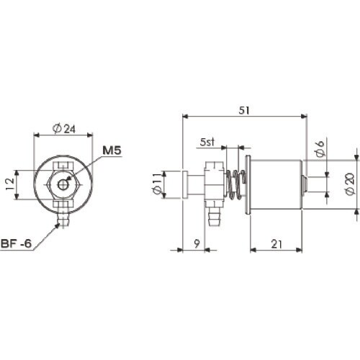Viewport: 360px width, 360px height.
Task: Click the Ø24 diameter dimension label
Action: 64,128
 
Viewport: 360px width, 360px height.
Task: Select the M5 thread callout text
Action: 112,150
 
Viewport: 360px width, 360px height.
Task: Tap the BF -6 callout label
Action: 16,243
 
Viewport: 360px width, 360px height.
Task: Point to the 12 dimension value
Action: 10,184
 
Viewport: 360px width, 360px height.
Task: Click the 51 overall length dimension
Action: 244,110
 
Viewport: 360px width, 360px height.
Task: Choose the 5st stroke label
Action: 207,142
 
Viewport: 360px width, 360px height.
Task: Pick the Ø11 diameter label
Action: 157,184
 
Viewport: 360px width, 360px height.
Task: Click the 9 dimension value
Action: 197,244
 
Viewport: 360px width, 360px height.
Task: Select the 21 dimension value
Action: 276,244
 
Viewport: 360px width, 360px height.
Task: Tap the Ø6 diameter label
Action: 320,149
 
